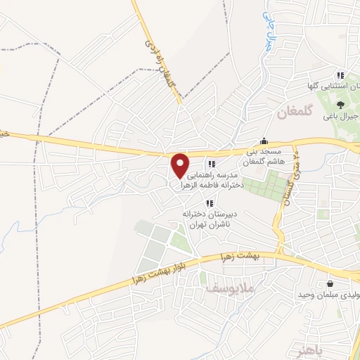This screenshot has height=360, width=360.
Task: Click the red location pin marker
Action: [x=181, y=166]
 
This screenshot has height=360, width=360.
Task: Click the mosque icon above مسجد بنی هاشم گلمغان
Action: [x=264, y=140]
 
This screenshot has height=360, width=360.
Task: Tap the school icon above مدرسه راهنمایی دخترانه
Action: [x=211, y=165]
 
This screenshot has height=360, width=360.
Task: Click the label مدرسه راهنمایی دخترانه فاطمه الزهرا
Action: [x=211, y=179]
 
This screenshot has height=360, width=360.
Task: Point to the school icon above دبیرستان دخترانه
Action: [x=209, y=203]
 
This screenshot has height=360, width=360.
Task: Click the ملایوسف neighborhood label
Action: [x=229, y=289]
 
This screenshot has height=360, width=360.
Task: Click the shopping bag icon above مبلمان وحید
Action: [x=330, y=283]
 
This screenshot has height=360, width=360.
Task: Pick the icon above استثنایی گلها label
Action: [x=340, y=75]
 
